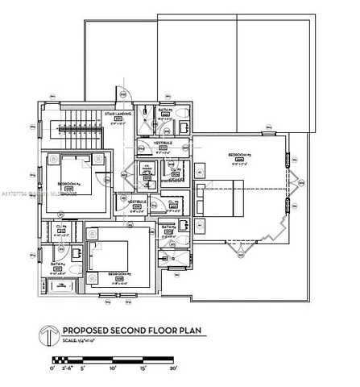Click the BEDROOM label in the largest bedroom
[239, 153]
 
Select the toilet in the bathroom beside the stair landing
[145, 113]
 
